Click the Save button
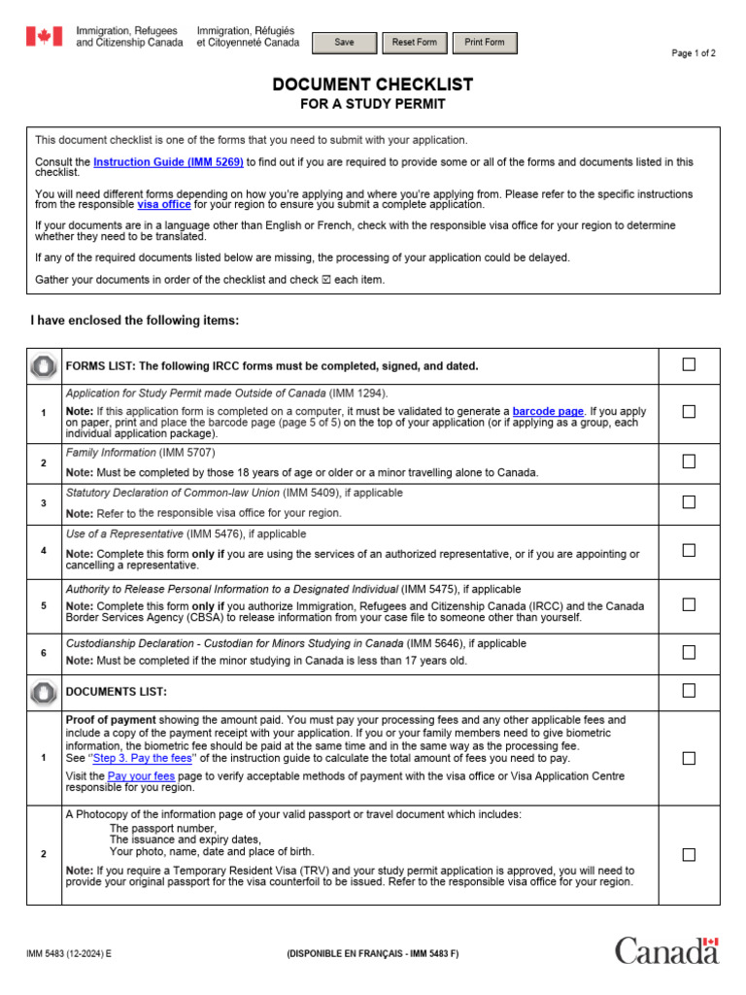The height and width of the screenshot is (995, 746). pos(344,43)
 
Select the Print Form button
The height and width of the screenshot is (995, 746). pos(485,43)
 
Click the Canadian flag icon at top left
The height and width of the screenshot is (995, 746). pos(44,37)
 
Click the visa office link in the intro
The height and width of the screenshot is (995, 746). pos(163,204)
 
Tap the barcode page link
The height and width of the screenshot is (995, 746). pos(548,411)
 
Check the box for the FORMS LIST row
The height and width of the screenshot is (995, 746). pos(689,364)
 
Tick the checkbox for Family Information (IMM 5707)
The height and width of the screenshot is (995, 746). pos(689,462)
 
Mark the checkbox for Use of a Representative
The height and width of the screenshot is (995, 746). pos(689,550)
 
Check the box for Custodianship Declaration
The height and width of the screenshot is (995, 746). pos(689,652)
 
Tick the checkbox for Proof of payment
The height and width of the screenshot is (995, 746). pos(689,758)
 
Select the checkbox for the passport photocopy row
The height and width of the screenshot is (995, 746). pos(689,855)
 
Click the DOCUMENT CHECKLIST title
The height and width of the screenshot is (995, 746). pos(373,86)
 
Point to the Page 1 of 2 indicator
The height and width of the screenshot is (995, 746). pos(694,53)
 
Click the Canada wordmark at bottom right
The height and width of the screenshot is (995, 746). pos(666,950)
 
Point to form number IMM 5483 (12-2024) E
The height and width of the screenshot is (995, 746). pos(69,954)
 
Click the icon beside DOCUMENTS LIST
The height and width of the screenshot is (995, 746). pos(44,692)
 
